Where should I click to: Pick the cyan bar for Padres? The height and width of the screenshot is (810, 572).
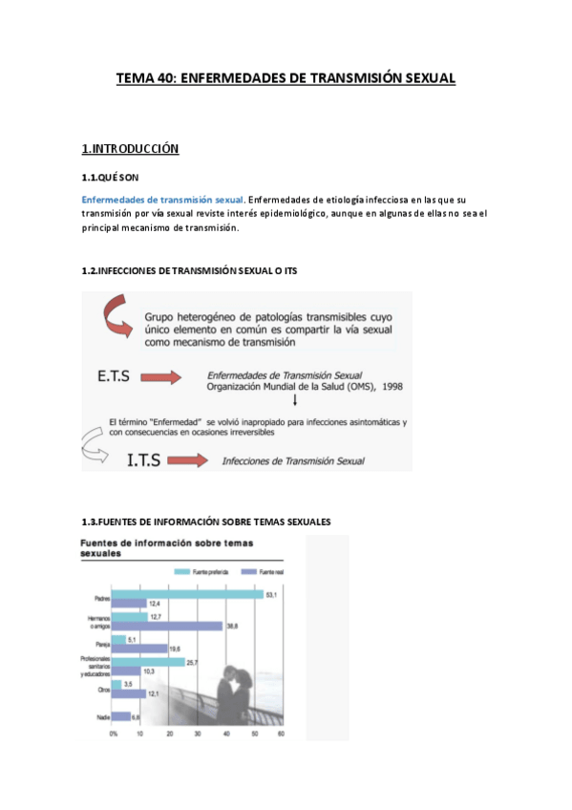click(187, 594)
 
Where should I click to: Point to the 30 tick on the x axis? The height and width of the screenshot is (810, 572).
click(198, 734)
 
